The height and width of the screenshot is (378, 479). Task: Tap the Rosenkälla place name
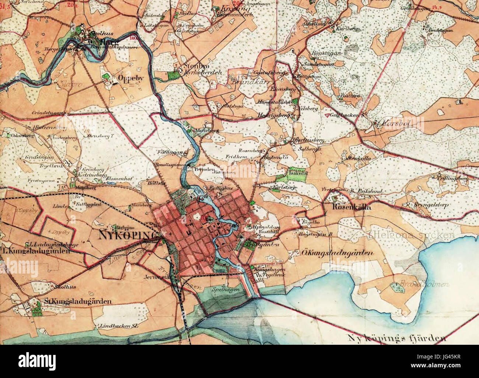pyautogui.click(x=352, y=207)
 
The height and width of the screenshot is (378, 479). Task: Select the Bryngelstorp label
pyautogui.click(x=423, y=205)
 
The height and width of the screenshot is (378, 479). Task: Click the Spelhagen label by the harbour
pyautogui.click(x=223, y=290)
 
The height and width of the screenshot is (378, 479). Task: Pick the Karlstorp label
pyautogui.click(x=284, y=188)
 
